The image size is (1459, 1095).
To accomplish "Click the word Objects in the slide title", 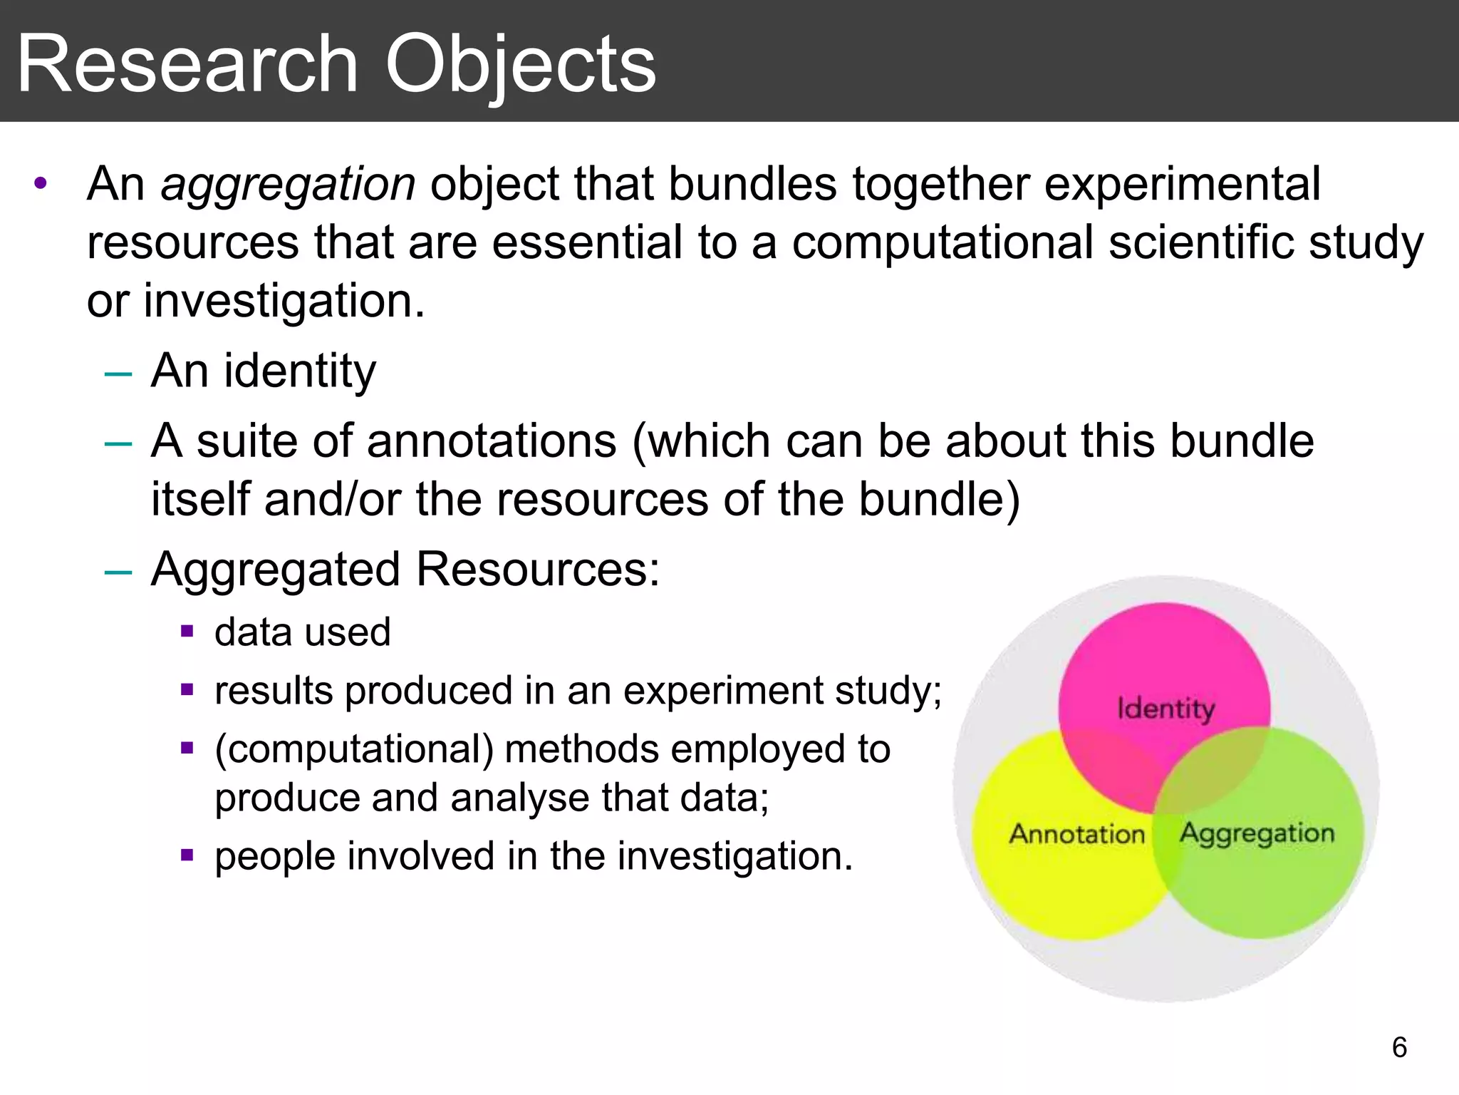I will pyautogui.click(x=520, y=66).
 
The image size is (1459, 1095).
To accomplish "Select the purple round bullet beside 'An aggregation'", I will pyautogui.click(x=41, y=183).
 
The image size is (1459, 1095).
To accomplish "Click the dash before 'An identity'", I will pyautogui.click(x=118, y=373).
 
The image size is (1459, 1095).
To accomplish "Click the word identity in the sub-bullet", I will pyautogui.click(x=299, y=372).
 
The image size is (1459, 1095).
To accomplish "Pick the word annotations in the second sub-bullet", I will pyautogui.click(x=491, y=441).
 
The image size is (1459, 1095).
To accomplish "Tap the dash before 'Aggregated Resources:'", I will pyautogui.click(x=118, y=572).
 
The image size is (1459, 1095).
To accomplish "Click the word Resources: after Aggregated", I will pyautogui.click(x=538, y=570).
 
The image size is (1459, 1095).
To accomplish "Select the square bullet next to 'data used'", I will pyautogui.click(x=187, y=631).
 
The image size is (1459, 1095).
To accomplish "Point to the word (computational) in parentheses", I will pyautogui.click(x=354, y=750).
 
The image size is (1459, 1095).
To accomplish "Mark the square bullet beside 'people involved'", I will pyautogui.click(x=187, y=854).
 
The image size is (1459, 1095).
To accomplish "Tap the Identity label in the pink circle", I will pyautogui.click(x=1165, y=709).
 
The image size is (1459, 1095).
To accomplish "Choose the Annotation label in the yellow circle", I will pyautogui.click(x=1076, y=833).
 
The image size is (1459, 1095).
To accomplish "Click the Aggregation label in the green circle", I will pyautogui.click(x=1257, y=833).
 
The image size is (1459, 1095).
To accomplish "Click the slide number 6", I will pyautogui.click(x=1399, y=1047).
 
